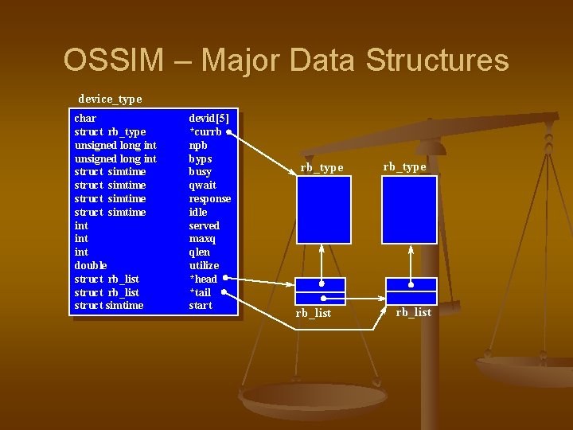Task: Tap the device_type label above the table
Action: [110, 100]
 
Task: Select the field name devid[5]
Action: [209, 119]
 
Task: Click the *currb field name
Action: [205, 132]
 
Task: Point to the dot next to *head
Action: [225, 279]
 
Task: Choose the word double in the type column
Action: [91, 265]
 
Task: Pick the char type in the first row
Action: [85, 119]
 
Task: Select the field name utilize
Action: [204, 265]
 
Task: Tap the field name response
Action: [209, 199]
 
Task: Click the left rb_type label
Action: [322, 167]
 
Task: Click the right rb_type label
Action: [404, 166]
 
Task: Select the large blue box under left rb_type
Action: [323, 209]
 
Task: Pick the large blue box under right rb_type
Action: [409, 209]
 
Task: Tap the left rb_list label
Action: [314, 313]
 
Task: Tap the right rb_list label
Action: [414, 312]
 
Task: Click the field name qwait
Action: [202, 186]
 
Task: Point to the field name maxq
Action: [202, 239]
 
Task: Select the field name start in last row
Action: [201, 305]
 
